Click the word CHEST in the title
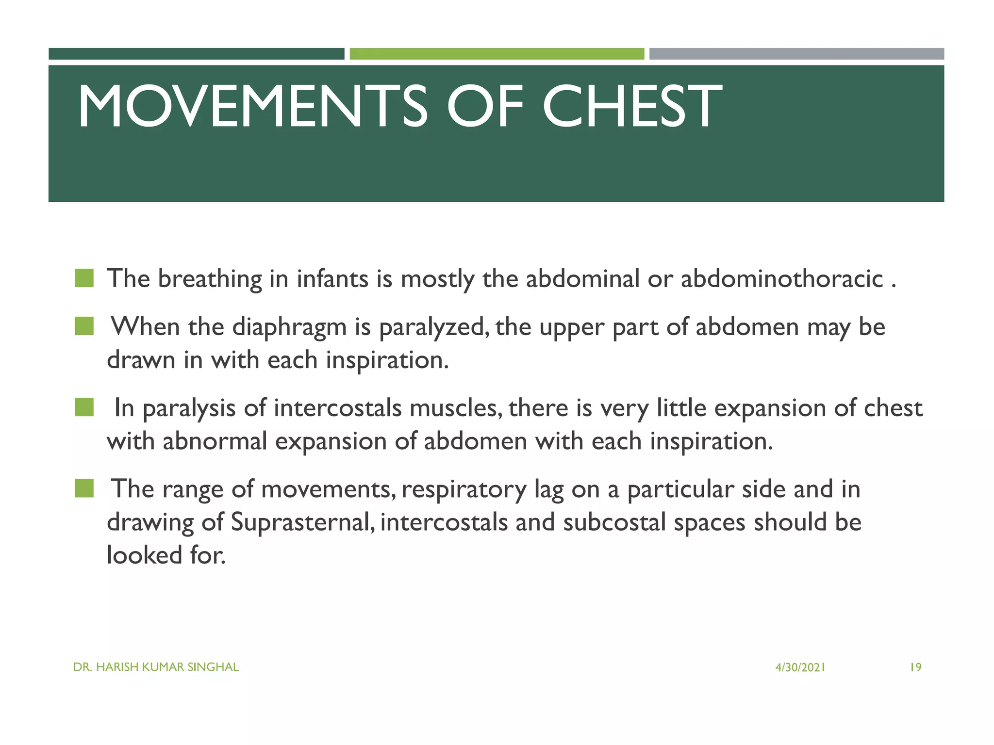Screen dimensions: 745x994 (631, 106)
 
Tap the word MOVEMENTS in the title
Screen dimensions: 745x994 (253, 106)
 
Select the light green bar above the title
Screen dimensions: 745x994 (497, 54)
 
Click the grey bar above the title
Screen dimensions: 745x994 (796, 54)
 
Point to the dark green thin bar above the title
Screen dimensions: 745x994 (196, 54)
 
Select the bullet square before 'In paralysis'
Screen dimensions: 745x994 (84, 407)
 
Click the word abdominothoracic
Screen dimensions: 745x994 (781, 279)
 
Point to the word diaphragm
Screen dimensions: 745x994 (289, 327)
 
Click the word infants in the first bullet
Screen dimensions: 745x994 (332, 279)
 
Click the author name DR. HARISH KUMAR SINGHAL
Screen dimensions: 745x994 (156, 667)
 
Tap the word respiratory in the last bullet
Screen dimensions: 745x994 (464, 489)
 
